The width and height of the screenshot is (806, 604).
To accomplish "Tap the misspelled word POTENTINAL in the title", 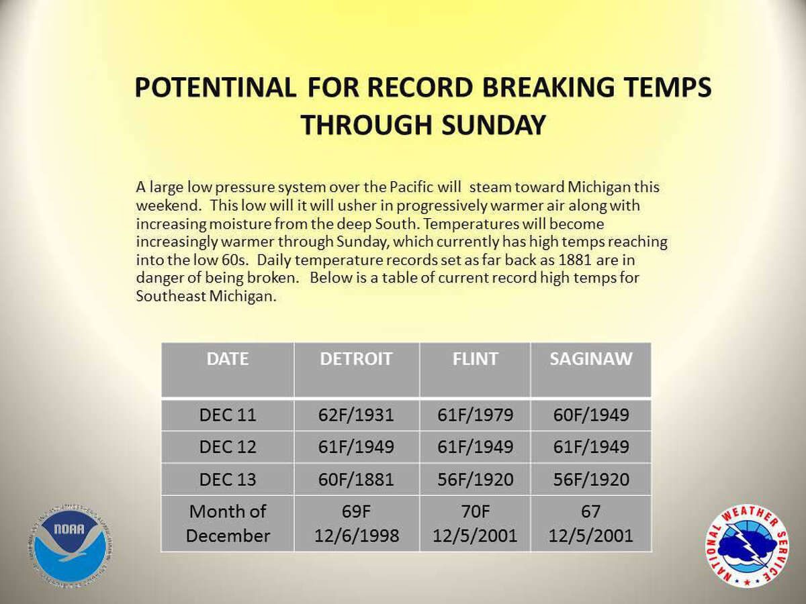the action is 216,88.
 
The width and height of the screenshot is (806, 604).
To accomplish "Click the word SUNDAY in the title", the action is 494,125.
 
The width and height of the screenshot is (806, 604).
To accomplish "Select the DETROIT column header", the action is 356,358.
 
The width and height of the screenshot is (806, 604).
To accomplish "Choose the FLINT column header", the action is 475,358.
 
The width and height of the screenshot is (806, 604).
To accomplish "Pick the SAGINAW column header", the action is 591,358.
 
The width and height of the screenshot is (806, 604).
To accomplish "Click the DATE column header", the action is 228,358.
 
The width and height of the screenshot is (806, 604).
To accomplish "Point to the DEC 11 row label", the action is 228,415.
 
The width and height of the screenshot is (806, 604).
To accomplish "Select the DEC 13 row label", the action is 228,479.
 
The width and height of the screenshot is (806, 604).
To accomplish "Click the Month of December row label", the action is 228,523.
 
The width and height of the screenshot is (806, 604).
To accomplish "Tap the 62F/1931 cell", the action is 356,415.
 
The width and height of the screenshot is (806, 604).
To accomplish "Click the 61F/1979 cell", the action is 475,415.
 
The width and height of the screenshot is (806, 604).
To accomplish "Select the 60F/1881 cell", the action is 356,479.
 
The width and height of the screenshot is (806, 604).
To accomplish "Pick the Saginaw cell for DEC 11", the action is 591,415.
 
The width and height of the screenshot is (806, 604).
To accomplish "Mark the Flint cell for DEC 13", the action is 475,479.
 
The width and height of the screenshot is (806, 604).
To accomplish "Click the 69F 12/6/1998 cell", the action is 356,523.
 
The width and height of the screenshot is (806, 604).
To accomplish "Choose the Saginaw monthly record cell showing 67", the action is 591,523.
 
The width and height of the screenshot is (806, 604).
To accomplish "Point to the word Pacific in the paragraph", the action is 411,187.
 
